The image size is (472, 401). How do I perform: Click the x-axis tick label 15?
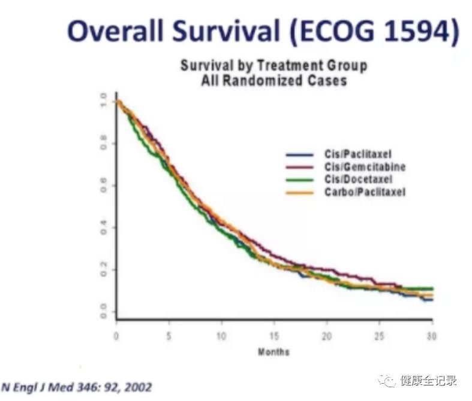point(274,335)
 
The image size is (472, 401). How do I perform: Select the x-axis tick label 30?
point(432,335)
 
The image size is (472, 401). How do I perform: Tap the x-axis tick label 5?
point(169,335)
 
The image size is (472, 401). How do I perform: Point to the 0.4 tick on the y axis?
point(104,228)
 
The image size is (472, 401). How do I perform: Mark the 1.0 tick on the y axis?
point(104,101)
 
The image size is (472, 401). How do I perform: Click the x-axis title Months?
point(273,352)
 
